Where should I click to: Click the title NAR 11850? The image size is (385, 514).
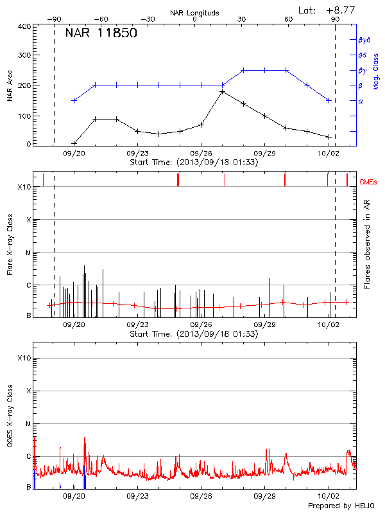pos(101,33)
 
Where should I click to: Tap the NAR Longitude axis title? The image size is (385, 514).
pos(194,12)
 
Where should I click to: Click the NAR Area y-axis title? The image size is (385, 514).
pos(10,85)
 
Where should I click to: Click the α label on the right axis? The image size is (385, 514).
pos(360,101)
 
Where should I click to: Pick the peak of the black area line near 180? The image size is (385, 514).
pos(222,92)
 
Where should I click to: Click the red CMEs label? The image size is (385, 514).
pos(368,182)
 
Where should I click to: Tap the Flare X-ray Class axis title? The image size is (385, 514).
pos(10,245)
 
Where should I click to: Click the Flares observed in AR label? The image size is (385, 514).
pos(367,244)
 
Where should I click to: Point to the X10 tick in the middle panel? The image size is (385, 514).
pos(24,187)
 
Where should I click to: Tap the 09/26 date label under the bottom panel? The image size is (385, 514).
pos(201,497)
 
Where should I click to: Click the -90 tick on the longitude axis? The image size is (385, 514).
pos(54,19)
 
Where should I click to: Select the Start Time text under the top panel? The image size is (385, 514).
pos(194,163)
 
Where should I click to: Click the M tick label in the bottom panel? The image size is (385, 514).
pos(28,424)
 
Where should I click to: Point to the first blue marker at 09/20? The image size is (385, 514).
pos(74,100)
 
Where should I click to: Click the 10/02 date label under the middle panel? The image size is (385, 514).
pos(329,325)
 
